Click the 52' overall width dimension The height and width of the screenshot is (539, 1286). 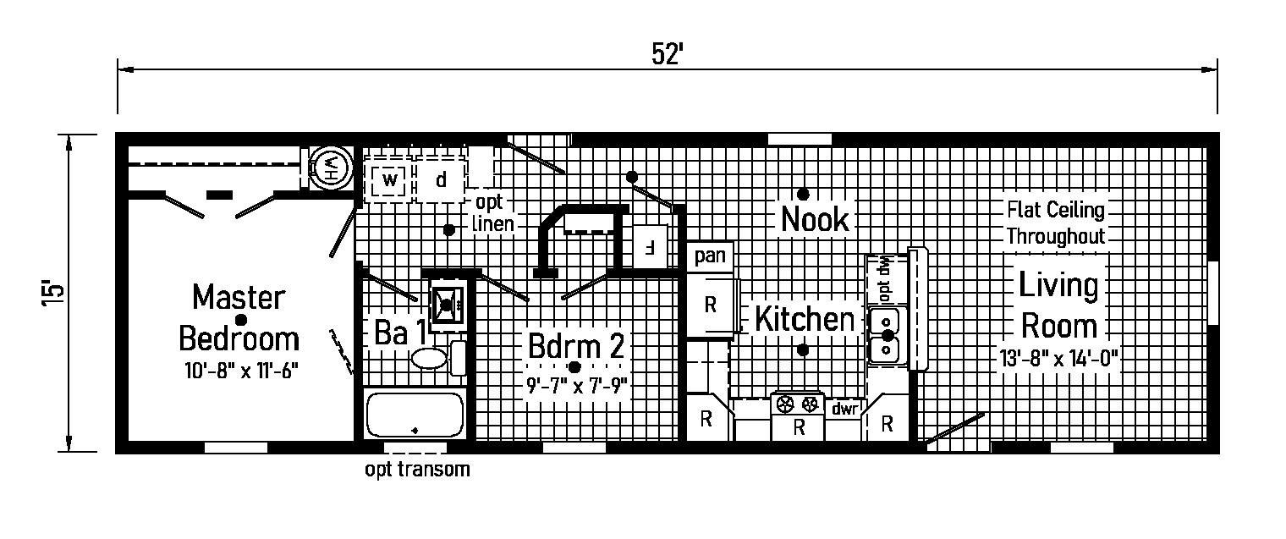pyautogui.click(x=668, y=53)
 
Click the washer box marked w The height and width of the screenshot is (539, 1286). pyautogui.click(x=389, y=180)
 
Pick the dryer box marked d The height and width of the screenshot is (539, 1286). pyautogui.click(x=441, y=180)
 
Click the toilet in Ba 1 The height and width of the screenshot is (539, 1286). pyautogui.click(x=432, y=356)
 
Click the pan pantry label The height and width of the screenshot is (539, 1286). pyautogui.click(x=709, y=256)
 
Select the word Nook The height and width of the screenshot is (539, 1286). pyautogui.click(x=814, y=219)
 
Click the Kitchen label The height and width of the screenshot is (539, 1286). pyautogui.click(x=804, y=320)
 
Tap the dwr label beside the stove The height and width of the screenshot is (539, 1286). pyautogui.click(x=844, y=409)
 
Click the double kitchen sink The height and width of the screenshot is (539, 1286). pyautogui.click(x=885, y=336)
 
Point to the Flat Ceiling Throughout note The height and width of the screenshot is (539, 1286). pyautogui.click(x=1055, y=223)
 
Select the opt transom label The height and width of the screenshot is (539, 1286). pyautogui.click(x=416, y=470)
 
